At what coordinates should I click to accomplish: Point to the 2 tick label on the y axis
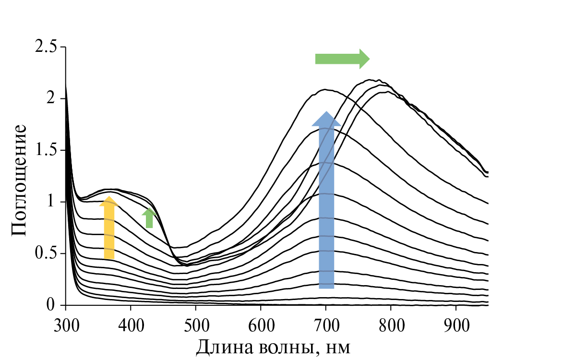[x=52, y=99]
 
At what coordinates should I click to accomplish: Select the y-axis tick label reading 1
[x=52, y=202]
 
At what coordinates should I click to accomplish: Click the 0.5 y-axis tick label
[x=47, y=253]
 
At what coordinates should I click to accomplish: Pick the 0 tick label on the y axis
[x=52, y=305]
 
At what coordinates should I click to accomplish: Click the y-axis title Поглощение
[x=19, y=180]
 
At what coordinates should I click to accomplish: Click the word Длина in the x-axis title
[x=222, y=346]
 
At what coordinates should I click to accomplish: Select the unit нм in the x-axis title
[x=337, y=347]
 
